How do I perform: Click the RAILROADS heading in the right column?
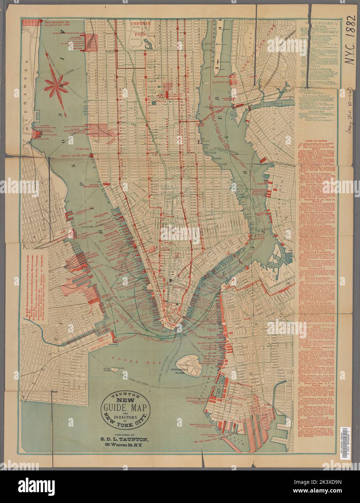point(319,22)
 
